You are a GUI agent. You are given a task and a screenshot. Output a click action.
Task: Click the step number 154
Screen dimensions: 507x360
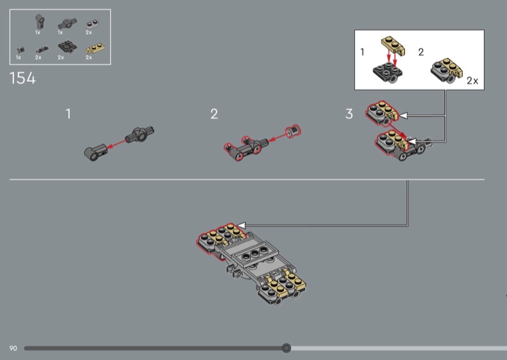(23, 79)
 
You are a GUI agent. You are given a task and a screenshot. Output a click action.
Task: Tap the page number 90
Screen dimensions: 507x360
(13, 349)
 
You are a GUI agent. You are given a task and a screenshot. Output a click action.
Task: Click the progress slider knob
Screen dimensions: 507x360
(286, 348)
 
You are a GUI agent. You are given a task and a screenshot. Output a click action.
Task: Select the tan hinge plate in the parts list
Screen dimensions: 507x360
(94, 49)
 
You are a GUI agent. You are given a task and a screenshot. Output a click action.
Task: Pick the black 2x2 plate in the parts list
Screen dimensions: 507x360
(67, 48)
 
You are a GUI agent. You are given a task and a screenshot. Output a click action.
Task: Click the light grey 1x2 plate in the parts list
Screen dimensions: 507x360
(93, 24)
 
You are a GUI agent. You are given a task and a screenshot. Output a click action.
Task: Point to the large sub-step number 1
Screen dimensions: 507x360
(68, 114)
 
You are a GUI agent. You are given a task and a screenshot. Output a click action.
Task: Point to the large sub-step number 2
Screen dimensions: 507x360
(214, 114)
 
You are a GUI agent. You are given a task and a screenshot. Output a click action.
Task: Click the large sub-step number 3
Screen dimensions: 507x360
(349, 114)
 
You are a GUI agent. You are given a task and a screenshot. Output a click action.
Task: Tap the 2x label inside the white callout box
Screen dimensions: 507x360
(472, 80)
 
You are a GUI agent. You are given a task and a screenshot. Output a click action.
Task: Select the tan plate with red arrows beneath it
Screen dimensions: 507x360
(393, 46)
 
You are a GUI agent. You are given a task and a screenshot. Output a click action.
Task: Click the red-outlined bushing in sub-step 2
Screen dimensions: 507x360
(293, 131)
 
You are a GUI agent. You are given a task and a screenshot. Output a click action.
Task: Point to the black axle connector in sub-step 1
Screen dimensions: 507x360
(139, 135)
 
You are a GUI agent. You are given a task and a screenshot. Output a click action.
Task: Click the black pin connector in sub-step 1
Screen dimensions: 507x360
(96, 152)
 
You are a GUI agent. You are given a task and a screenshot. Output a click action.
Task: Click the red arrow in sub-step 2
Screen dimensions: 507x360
(277, 138)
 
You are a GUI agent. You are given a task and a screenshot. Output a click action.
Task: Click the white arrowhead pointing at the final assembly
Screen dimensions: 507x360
(241, 225)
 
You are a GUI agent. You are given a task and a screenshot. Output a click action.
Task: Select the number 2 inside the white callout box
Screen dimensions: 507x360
(421, 52)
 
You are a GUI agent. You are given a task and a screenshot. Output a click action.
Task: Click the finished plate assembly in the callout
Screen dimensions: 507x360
(446, 70)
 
